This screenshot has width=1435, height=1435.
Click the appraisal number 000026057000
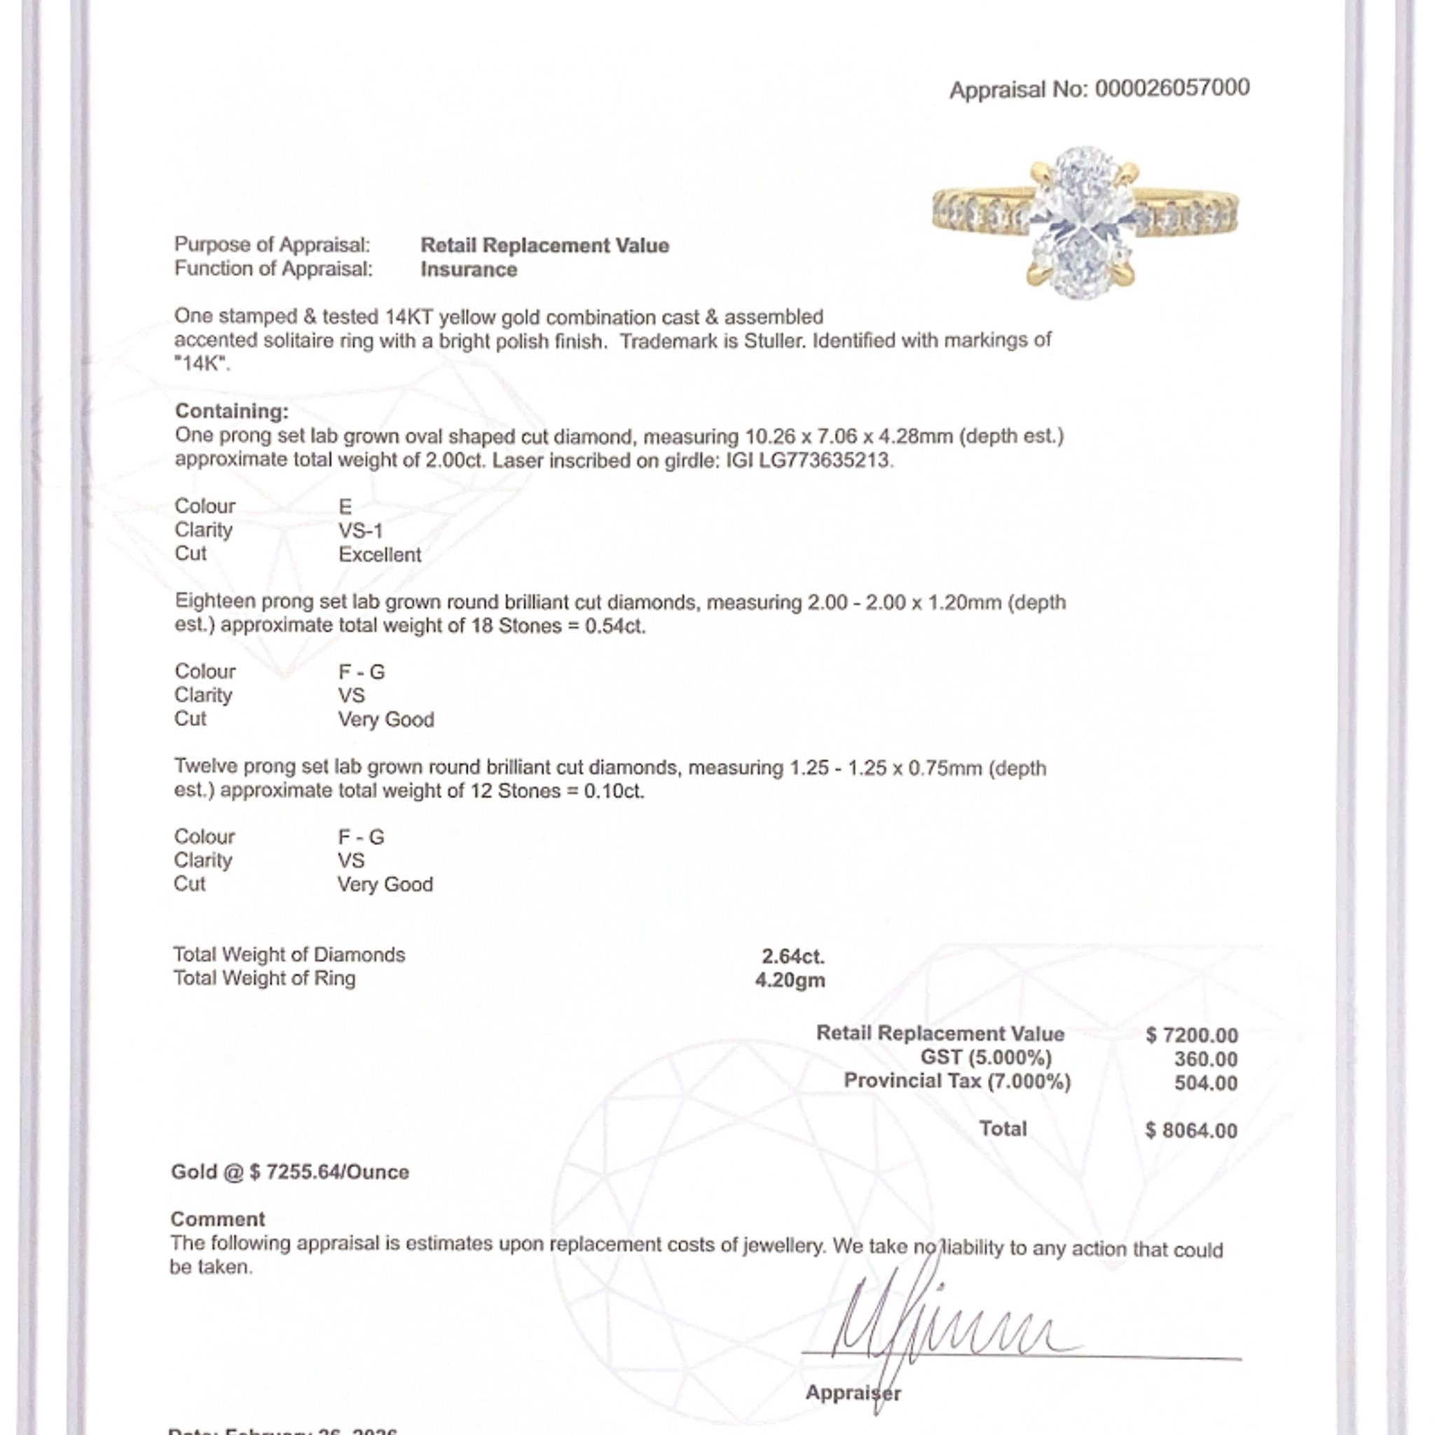[x=1172, y=88]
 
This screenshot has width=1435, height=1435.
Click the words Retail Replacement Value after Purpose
[x=544, y=245]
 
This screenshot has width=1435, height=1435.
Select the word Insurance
[x=469, y=269]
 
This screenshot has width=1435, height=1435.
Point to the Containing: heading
[x=232, y=411]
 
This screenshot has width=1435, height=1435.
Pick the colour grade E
[x=345, y=507]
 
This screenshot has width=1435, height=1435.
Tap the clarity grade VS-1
[x=361, y=530]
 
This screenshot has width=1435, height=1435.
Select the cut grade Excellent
[x=380, y=554]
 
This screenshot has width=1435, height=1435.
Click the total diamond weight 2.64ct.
[x=793, y=956]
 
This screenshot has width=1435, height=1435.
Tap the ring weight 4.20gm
[x=790, y=980]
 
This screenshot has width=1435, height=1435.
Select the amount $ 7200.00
[x=1191, y=1035]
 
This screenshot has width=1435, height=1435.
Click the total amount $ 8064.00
[x=1191, y=1130]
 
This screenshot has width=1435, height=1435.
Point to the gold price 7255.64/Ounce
[x=337, y=1172]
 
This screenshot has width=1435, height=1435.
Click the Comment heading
[x=218, y=1219]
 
